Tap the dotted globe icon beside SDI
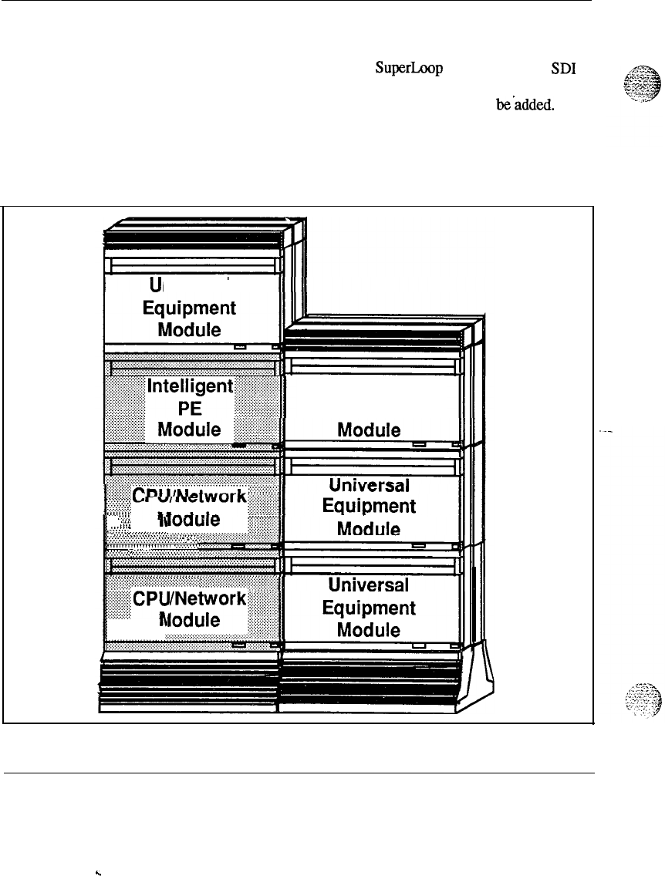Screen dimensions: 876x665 (633, 86)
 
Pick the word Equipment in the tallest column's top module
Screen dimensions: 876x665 (189, 308)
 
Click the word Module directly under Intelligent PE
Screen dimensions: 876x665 (189, 430)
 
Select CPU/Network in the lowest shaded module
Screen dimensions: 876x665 (190, 598)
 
